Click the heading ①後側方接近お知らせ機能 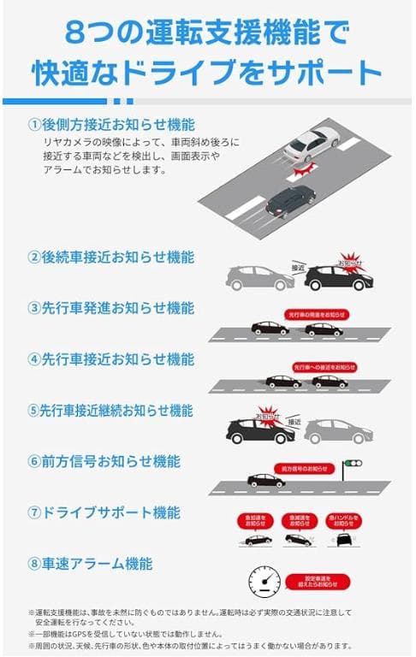coord(111,124)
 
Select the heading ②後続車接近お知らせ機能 coord(111,257)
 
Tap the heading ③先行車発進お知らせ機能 coord(111,308)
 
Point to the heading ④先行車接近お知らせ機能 coord(111,359)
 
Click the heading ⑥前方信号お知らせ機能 coord(104,462)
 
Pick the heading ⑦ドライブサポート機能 coord(104,513)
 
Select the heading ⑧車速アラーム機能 coord(91,564)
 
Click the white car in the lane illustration coord(312,144)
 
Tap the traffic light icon coord(351,467)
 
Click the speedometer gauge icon coord(264,583)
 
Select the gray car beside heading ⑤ coord(338,431)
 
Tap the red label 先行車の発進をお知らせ coord(318,315)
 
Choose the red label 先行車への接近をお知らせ coord(324,367)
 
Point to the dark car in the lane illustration coord(290,202)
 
